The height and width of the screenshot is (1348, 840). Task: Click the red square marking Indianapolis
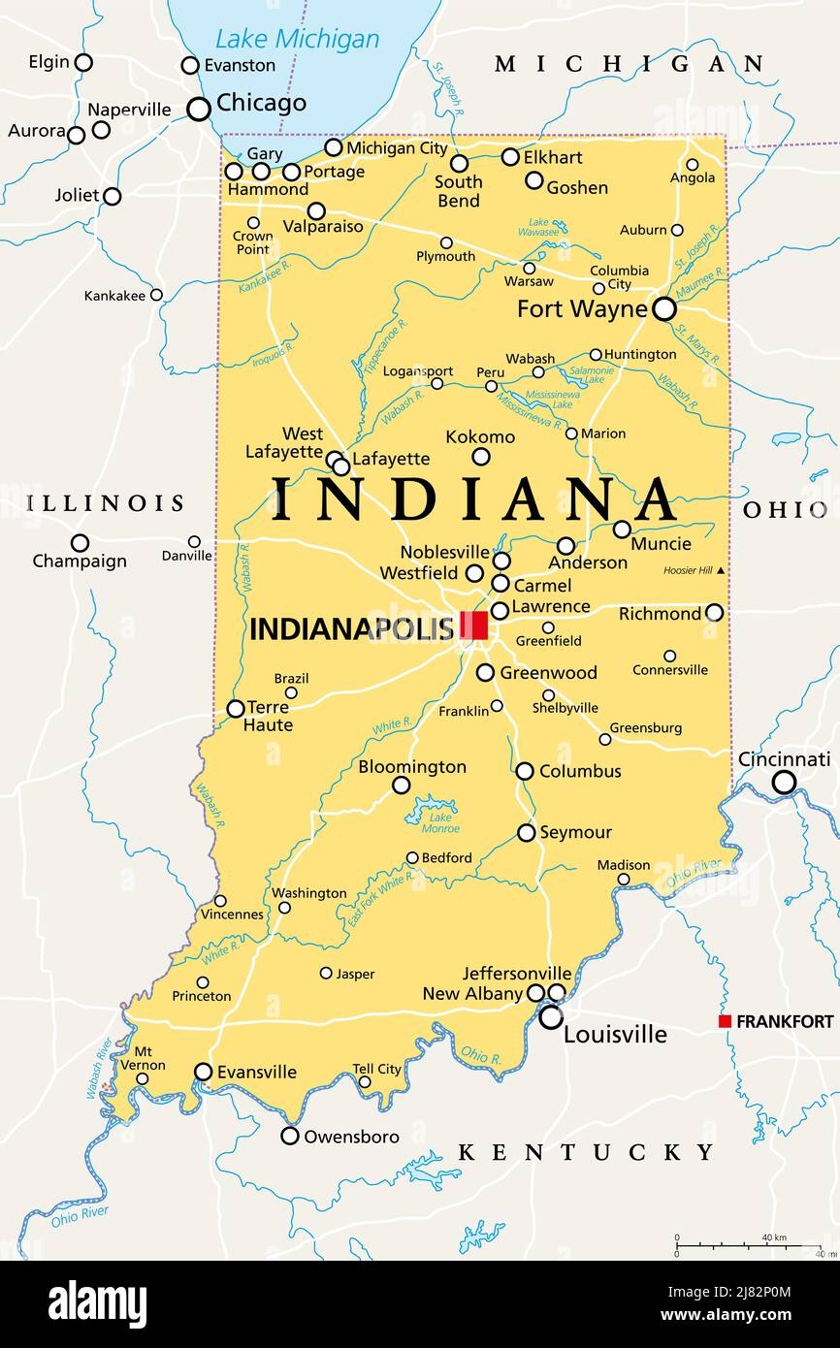click(473, 626)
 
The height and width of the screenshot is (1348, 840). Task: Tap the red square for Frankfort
click(725, 1021)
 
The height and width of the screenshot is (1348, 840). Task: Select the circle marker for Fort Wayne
click(664, 309)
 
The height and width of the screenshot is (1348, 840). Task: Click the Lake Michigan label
click(297, 40)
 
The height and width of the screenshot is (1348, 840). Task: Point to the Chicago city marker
click(199, 109)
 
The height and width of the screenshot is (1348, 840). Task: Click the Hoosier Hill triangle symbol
click(720, 571)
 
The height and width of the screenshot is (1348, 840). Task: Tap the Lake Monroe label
click(440, 821)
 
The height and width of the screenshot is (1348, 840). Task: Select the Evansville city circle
click(204, 1072)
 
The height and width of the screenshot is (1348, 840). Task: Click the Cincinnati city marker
click(784, 783)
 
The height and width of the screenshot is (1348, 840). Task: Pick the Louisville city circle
click(551, 1017)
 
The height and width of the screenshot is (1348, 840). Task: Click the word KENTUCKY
click(586, 1152)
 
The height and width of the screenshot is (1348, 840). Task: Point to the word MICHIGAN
click(630, 65)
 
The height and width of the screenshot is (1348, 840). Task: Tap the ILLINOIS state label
click(105, 502)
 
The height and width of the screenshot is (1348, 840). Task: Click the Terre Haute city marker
click(236, 709)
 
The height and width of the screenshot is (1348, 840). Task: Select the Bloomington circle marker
click(401, 786)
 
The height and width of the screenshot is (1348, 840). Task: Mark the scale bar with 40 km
click(747, 1244)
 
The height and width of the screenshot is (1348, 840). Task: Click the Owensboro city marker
click(290, 1136)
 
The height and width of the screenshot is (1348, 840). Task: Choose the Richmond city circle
click(714, 613)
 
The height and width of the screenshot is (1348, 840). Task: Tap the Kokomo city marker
click(481, 457)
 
